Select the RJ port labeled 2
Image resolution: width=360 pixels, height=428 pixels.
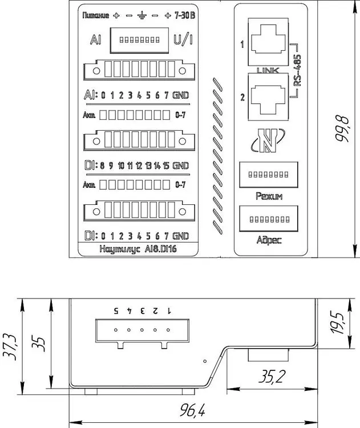click(270, 96)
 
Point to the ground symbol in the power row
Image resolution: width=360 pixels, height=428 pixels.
click(141, 15)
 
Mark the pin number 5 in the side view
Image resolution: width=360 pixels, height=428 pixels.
click(116, 310)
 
